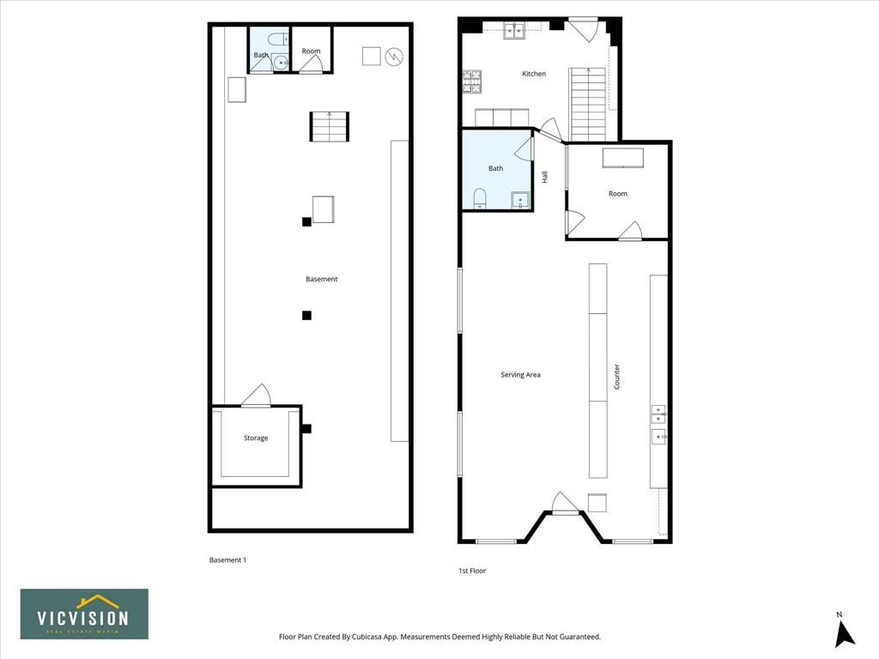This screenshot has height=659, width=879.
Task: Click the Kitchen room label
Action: [x=534, y=74]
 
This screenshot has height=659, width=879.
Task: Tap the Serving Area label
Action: [x=520, y=374]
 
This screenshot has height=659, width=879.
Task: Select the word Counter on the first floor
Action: [x=616, y=377]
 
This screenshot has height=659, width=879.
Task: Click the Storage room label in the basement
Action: [x=256, y=438]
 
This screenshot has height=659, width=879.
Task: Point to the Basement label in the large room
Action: [x=322, y=279]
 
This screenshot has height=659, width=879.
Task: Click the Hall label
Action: [x=544, y=177]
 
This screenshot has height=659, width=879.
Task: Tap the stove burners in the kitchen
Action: [x=472, y=82]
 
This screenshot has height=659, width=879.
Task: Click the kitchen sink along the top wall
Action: [x=514, y=31]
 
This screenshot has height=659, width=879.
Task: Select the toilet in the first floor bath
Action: [x=480, y=198]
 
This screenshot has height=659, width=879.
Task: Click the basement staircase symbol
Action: [x=329, y=126]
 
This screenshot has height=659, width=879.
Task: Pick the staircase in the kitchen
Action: [x=589, y=104]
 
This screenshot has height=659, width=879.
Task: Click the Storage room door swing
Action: [x=256, y=395]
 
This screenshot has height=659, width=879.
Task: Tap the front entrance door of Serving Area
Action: [x=565, y=501]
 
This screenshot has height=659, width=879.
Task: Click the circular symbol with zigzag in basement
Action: [x=395, y=56]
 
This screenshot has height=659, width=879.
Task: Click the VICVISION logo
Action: [x=85, y=614]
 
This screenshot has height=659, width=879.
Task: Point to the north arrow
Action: [x=845, y=632]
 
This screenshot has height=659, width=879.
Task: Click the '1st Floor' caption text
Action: [x=472, y=571]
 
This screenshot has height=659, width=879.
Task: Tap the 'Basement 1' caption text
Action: [x=227, y=559]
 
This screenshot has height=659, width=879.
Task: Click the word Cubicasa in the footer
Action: [x=367, y=637]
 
